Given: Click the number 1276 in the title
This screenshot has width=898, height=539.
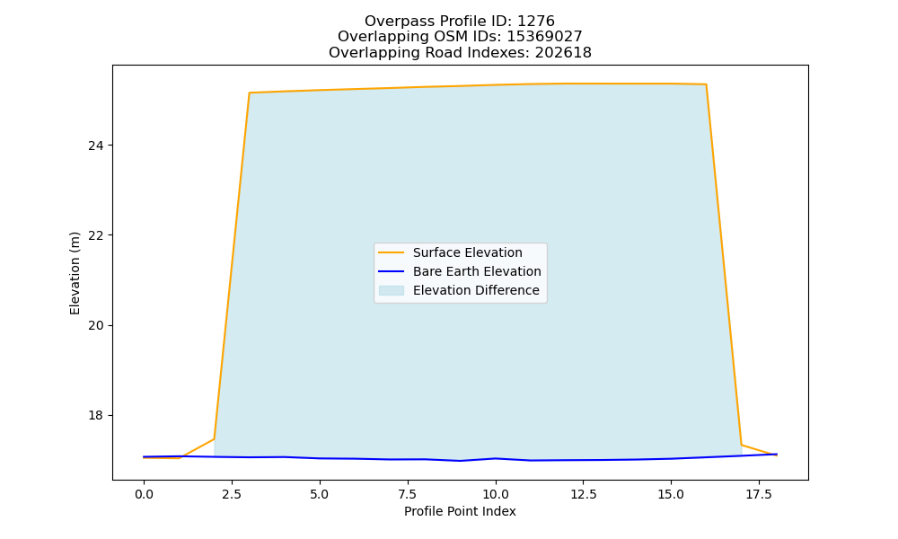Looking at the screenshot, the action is click(x=535, y=22).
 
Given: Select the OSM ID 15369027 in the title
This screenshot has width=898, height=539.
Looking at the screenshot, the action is click(x=544, y=37).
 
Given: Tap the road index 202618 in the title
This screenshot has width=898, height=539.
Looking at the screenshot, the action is click(x=563, y=53).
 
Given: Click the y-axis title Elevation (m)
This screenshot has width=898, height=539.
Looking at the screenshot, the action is click(x=75, y=273).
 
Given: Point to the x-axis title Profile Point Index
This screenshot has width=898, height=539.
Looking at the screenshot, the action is click(x=460, y=511).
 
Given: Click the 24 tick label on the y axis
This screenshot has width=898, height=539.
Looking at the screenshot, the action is click(x=96, y=146).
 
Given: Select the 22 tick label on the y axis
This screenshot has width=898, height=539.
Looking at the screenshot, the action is click(x=96, y=235).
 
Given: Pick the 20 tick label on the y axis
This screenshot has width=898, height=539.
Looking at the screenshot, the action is click(x=96, y=325).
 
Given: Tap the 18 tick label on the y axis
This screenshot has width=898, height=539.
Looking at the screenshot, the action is click(x=96, y=415).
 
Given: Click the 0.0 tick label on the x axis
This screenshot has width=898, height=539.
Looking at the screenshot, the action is click(x=144, y=494).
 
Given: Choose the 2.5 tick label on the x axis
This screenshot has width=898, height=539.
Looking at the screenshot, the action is click(x=232, y=494).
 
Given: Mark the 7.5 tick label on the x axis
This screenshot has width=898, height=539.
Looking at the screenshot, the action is click(x=407, y=494).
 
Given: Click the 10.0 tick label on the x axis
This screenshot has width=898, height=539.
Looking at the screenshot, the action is click(x=496, y=494).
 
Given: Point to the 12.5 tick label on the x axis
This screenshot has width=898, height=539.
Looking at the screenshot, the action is click(x=583, y=494).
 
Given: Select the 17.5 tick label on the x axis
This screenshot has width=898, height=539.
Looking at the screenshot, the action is click(x=759, y=494).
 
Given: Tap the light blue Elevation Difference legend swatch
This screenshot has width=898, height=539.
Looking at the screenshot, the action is click(x=392, y=290).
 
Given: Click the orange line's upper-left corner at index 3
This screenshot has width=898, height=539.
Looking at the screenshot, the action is click(x=249, y=93).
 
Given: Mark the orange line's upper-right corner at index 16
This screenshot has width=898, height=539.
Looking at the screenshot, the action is click(x=706, y=84).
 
